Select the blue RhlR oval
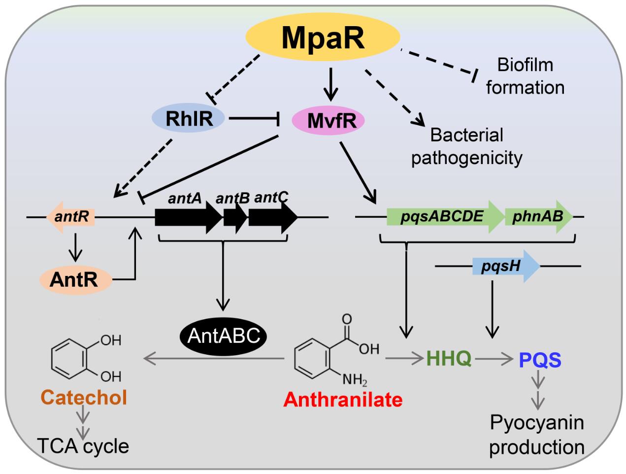coord(189,118)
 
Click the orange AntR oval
coord(75,279)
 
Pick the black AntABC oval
coord(224,336)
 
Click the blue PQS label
coord(540,360)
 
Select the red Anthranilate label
coord(343,399)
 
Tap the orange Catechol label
coord(84,397)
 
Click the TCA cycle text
coord(83,446)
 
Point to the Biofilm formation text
coord(525,76)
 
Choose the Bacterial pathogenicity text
coord(466,146)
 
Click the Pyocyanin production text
coord(537,435)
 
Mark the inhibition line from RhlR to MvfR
coord(254,118)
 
